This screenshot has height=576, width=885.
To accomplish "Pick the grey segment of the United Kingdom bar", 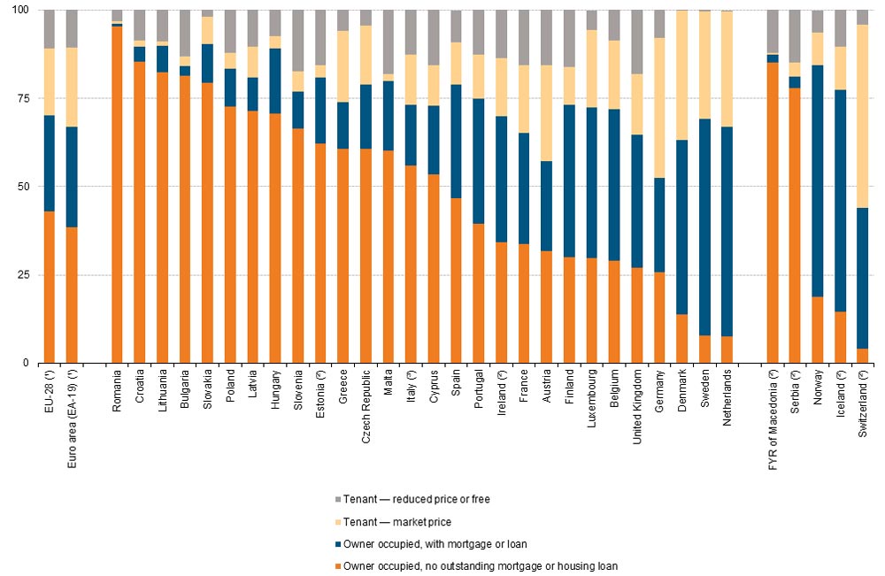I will pos(637,42).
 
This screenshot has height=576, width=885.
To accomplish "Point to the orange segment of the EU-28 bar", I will pos(49,287).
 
